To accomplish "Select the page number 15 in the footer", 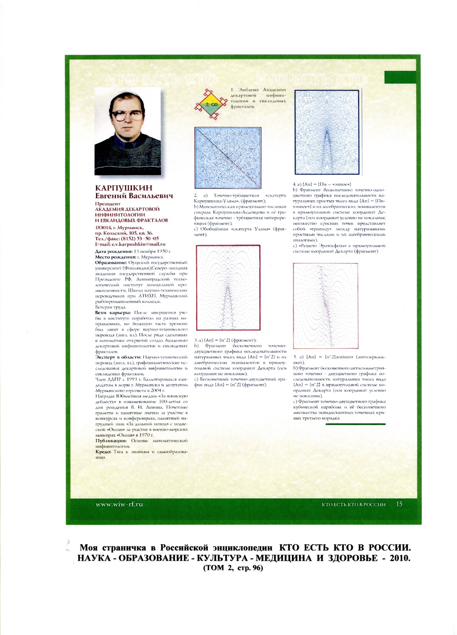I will coord(399,504).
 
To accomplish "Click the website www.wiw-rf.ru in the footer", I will coord(120,505).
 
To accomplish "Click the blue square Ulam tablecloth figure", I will coord(228,158).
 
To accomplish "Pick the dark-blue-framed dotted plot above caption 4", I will coord(327,132).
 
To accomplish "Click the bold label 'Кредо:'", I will coord(103,452).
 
